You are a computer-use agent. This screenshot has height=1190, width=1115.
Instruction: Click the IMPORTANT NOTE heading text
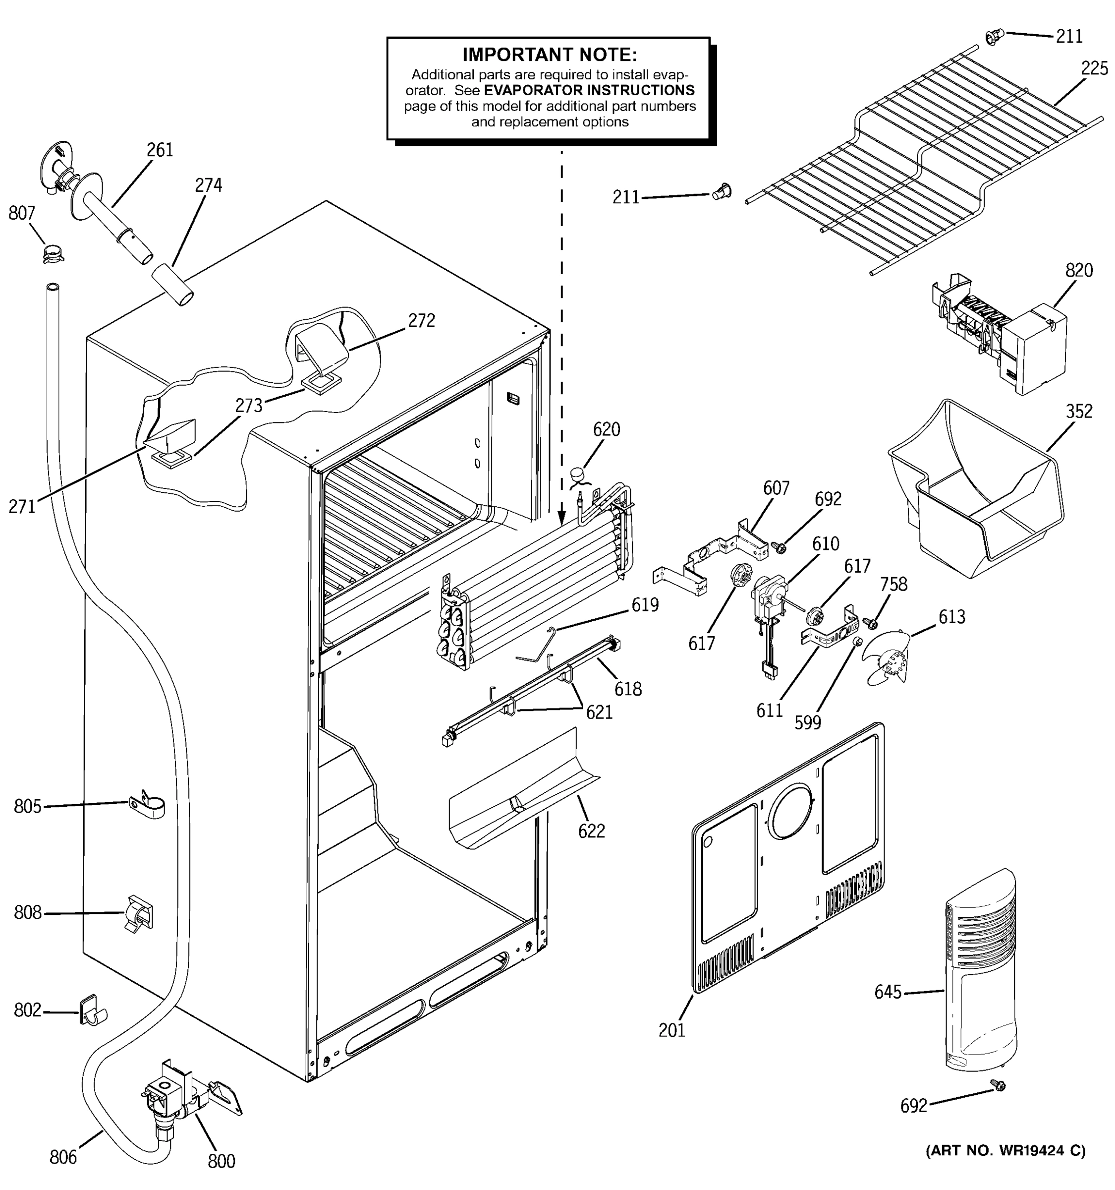point(549,55)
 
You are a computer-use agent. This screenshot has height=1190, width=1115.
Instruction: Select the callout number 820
point(1078,271)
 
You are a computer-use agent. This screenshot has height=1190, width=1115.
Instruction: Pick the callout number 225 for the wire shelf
point(1094,69)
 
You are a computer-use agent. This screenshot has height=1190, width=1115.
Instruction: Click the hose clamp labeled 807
point(53,254)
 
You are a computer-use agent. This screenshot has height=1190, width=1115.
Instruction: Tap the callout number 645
point(888,993)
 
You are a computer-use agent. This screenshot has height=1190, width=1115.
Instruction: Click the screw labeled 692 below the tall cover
point(997,1085)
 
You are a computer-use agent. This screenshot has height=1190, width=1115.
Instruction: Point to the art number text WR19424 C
point(1005,1150)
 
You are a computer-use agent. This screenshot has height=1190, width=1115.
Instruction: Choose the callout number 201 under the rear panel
point(671,1030)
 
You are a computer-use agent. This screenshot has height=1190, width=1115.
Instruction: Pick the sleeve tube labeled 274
point(172,286)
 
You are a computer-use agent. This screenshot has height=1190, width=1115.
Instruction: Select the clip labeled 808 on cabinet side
point(139,913)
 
